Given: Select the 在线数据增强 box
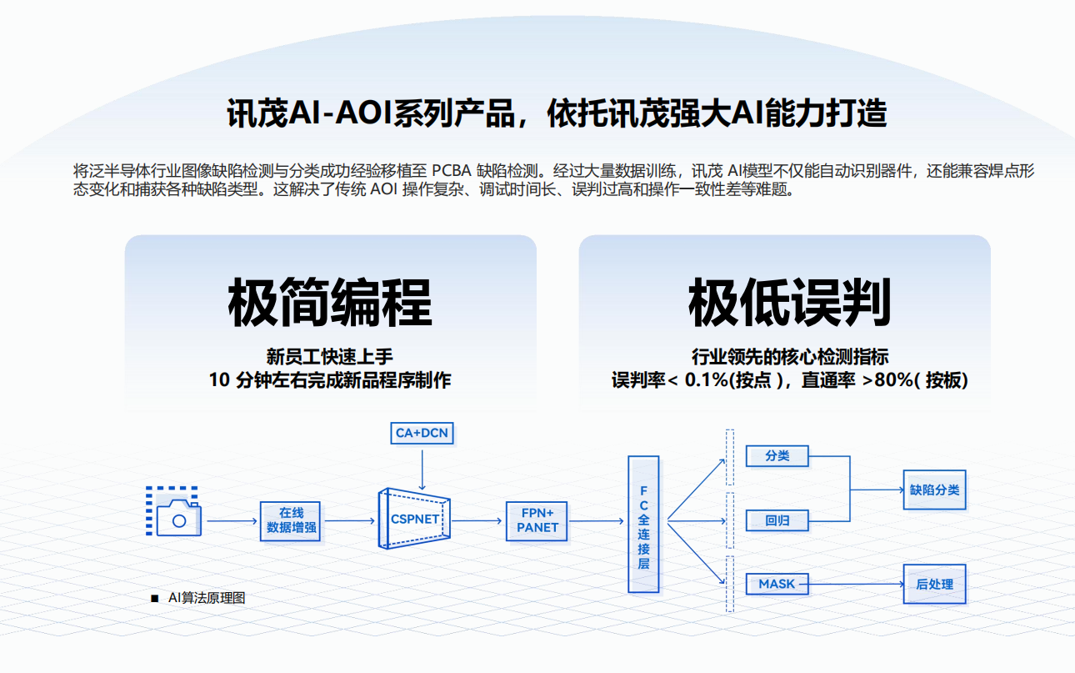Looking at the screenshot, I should coord(291,520).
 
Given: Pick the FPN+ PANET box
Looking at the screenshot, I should coord(537,520).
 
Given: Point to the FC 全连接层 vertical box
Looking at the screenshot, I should coord(643,525).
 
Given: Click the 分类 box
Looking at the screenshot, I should coord(777,456).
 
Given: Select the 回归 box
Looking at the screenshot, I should coord(777,521).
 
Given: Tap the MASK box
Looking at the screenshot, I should coord(777,584).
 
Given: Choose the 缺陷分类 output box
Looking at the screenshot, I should coord(934,490).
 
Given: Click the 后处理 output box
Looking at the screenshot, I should coord(934,584).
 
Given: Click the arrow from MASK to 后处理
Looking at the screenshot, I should coord(856,584).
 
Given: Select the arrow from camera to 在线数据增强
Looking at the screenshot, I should coord(232,521).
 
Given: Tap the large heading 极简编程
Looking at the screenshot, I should coord(330,304).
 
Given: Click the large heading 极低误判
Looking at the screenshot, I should coord(789,304).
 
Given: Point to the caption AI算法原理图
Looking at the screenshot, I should coord(207,598).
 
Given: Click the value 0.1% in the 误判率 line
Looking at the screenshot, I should coord(706,380).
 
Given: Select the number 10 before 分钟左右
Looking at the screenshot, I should coord(219,380).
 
